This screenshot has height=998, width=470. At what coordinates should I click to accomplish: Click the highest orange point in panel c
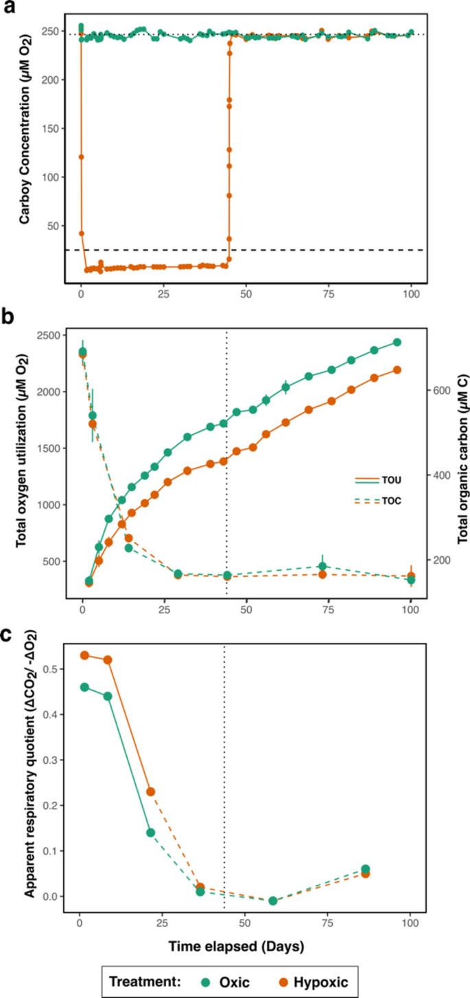coord(85,655)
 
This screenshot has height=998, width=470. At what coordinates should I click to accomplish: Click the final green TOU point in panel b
coord(397,342)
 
